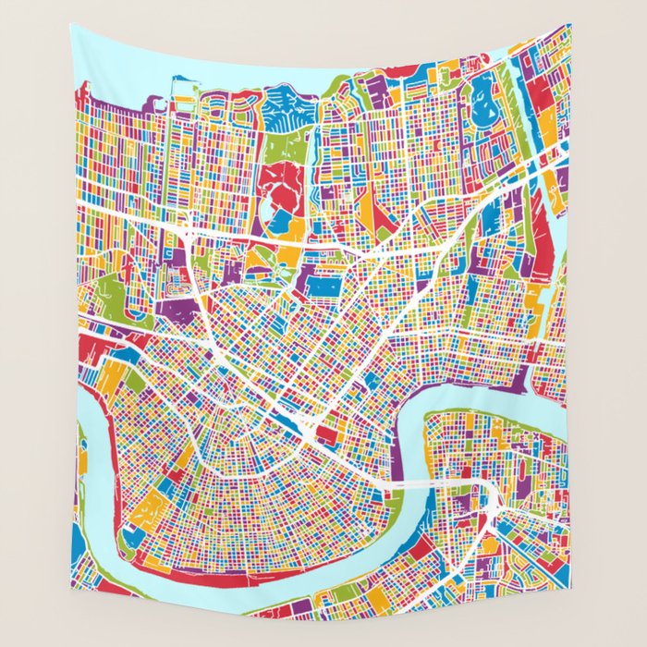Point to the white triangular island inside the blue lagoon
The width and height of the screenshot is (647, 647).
pyautogui.click(x=482, y=92)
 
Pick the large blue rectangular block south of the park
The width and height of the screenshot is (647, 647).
pyautogui.click(x=323, y=287)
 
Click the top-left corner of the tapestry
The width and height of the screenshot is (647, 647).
pyautogui.click(x=70, y=24)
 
